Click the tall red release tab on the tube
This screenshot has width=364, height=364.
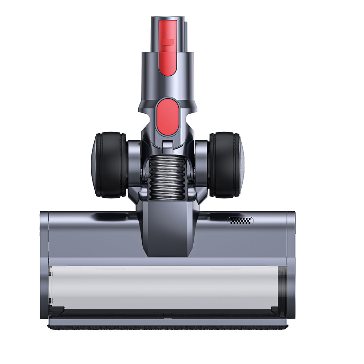click(168, 47)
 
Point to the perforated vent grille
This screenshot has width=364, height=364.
click(240, 221)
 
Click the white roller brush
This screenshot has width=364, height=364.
click(164, 288)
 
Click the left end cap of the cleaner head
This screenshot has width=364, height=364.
click(44, 266)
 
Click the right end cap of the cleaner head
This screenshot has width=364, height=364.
click(291, 266)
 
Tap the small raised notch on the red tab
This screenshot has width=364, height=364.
click(167, 42)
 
